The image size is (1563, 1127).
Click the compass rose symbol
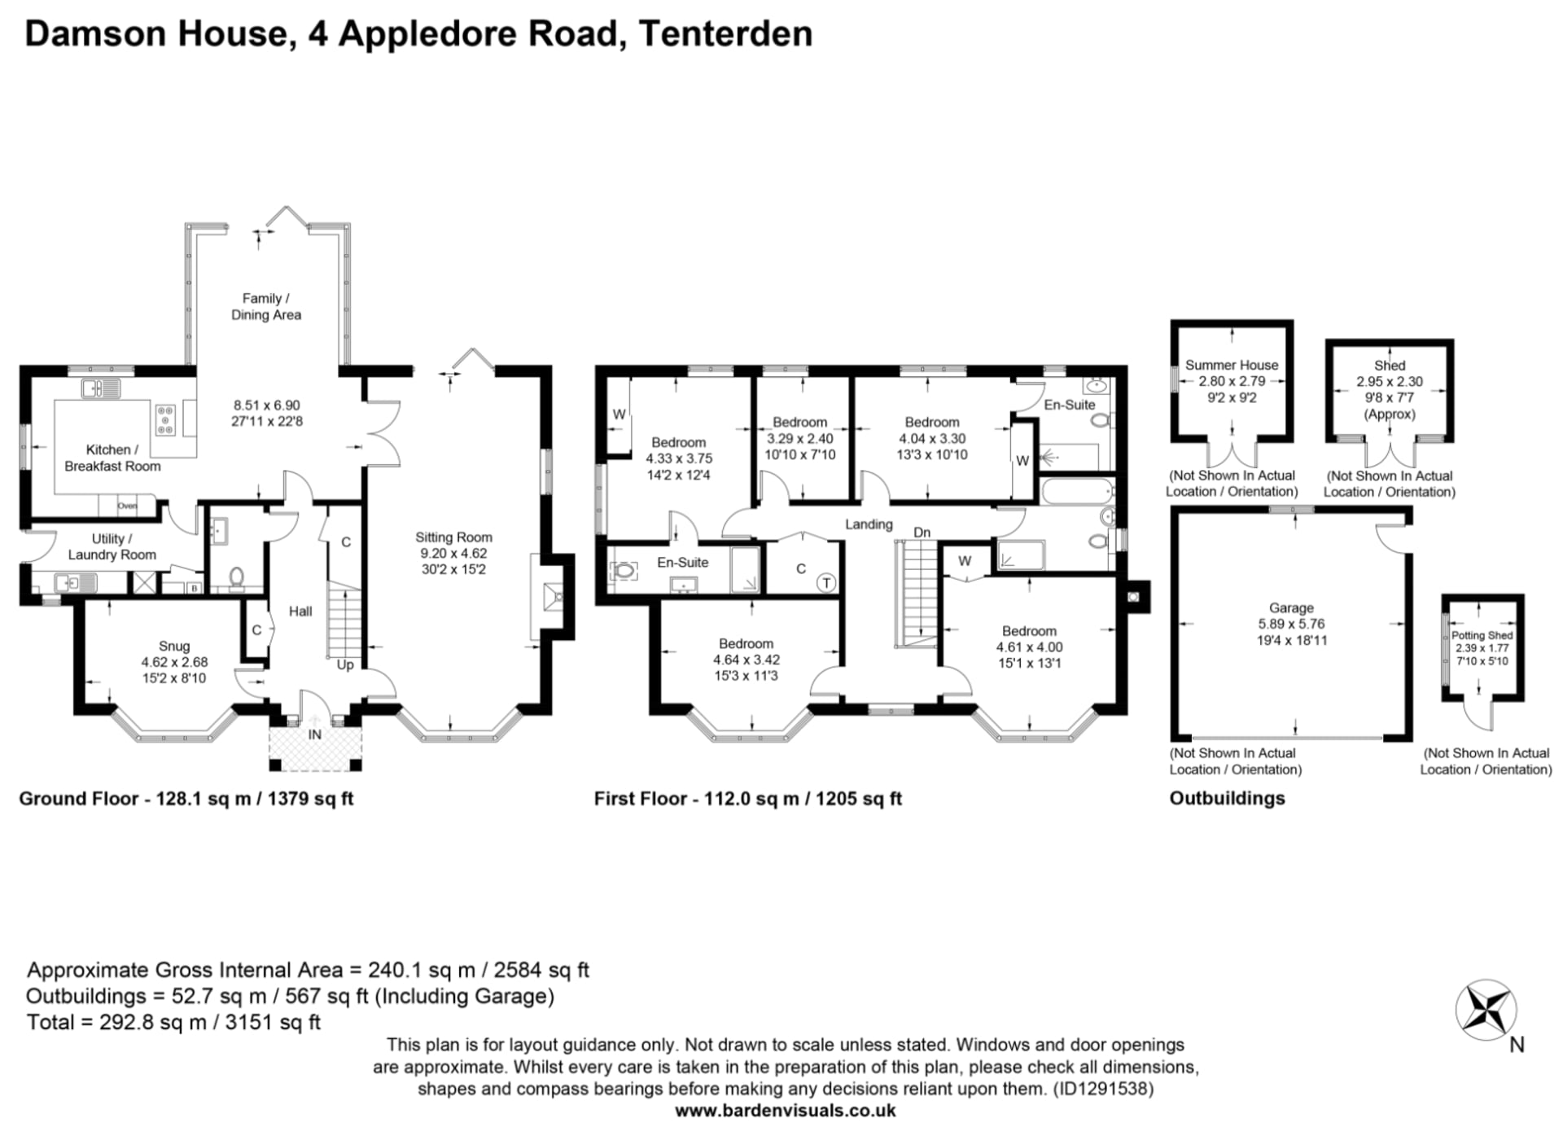1486,1011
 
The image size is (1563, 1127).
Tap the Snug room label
174,646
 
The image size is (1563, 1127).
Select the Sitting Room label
453,537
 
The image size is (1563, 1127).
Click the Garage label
1291,607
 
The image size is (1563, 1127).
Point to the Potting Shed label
1482,635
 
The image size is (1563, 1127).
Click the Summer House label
1232,365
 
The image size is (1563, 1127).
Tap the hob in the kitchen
165,419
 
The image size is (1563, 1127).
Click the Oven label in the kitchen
127,506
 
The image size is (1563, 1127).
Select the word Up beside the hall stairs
345,664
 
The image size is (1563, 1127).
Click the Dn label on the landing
922,532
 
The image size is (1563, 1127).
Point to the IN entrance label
314,735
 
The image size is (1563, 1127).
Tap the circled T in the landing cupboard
826,582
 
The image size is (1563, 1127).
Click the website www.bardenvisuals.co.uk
786,1110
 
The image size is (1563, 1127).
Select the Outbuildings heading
1227,798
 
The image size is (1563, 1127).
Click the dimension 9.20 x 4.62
453,554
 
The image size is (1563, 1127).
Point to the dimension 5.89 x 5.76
1291,624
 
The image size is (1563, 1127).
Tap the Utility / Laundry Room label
112,546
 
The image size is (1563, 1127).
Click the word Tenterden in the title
725,33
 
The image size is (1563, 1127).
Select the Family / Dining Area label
265,307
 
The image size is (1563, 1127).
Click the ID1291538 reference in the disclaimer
1102,1088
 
